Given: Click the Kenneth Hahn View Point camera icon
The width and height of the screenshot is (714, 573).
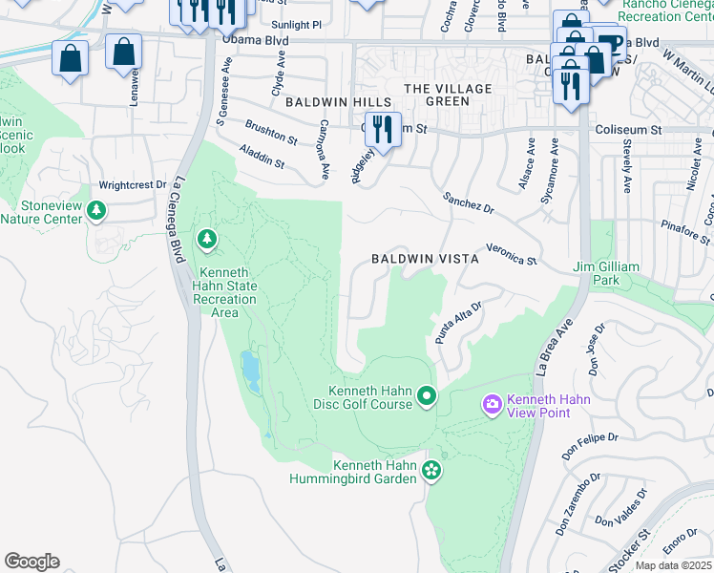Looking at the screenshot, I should [493, 406].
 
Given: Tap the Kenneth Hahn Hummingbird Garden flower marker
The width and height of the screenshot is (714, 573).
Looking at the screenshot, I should [431, 470].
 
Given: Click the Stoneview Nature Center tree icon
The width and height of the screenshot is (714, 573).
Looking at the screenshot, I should [95, 209].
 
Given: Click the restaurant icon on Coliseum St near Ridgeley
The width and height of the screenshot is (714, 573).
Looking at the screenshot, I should [383, 129].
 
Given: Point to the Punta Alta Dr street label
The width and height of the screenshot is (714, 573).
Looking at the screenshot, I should [459, 323].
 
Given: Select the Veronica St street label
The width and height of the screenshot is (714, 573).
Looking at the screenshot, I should [512, 253].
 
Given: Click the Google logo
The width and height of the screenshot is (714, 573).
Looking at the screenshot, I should [31, 562].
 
